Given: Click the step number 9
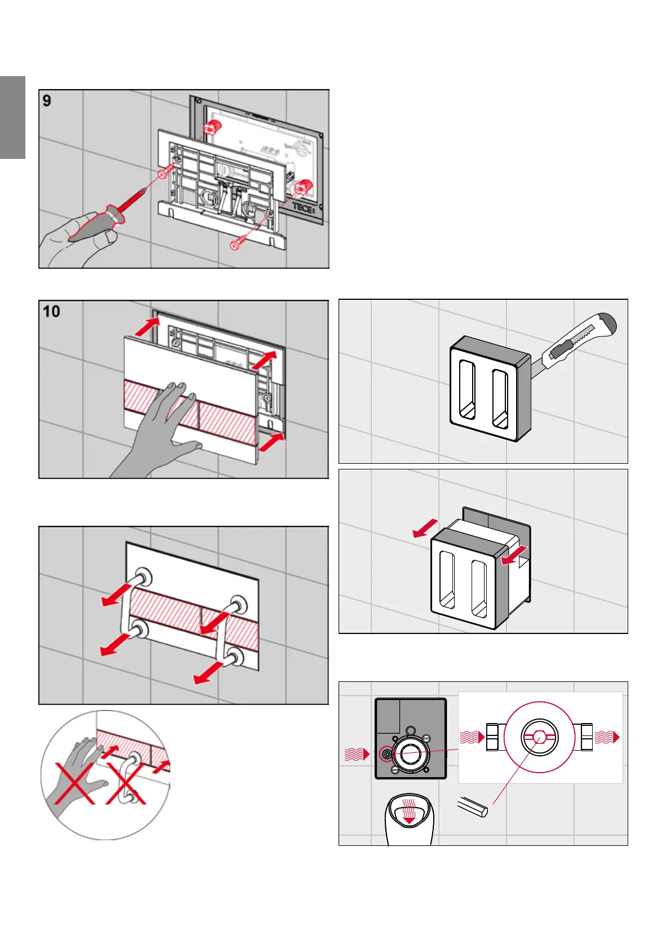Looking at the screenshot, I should pos(47,101).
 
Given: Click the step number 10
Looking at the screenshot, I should pos(51,311).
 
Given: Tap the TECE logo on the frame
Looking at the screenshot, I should pos(303,207).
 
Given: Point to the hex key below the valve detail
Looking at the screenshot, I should pos(472,806).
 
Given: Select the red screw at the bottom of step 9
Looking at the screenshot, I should pos(236,245).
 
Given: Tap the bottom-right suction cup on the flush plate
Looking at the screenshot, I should pos(234,657).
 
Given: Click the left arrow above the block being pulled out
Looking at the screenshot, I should pos(425,528).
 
